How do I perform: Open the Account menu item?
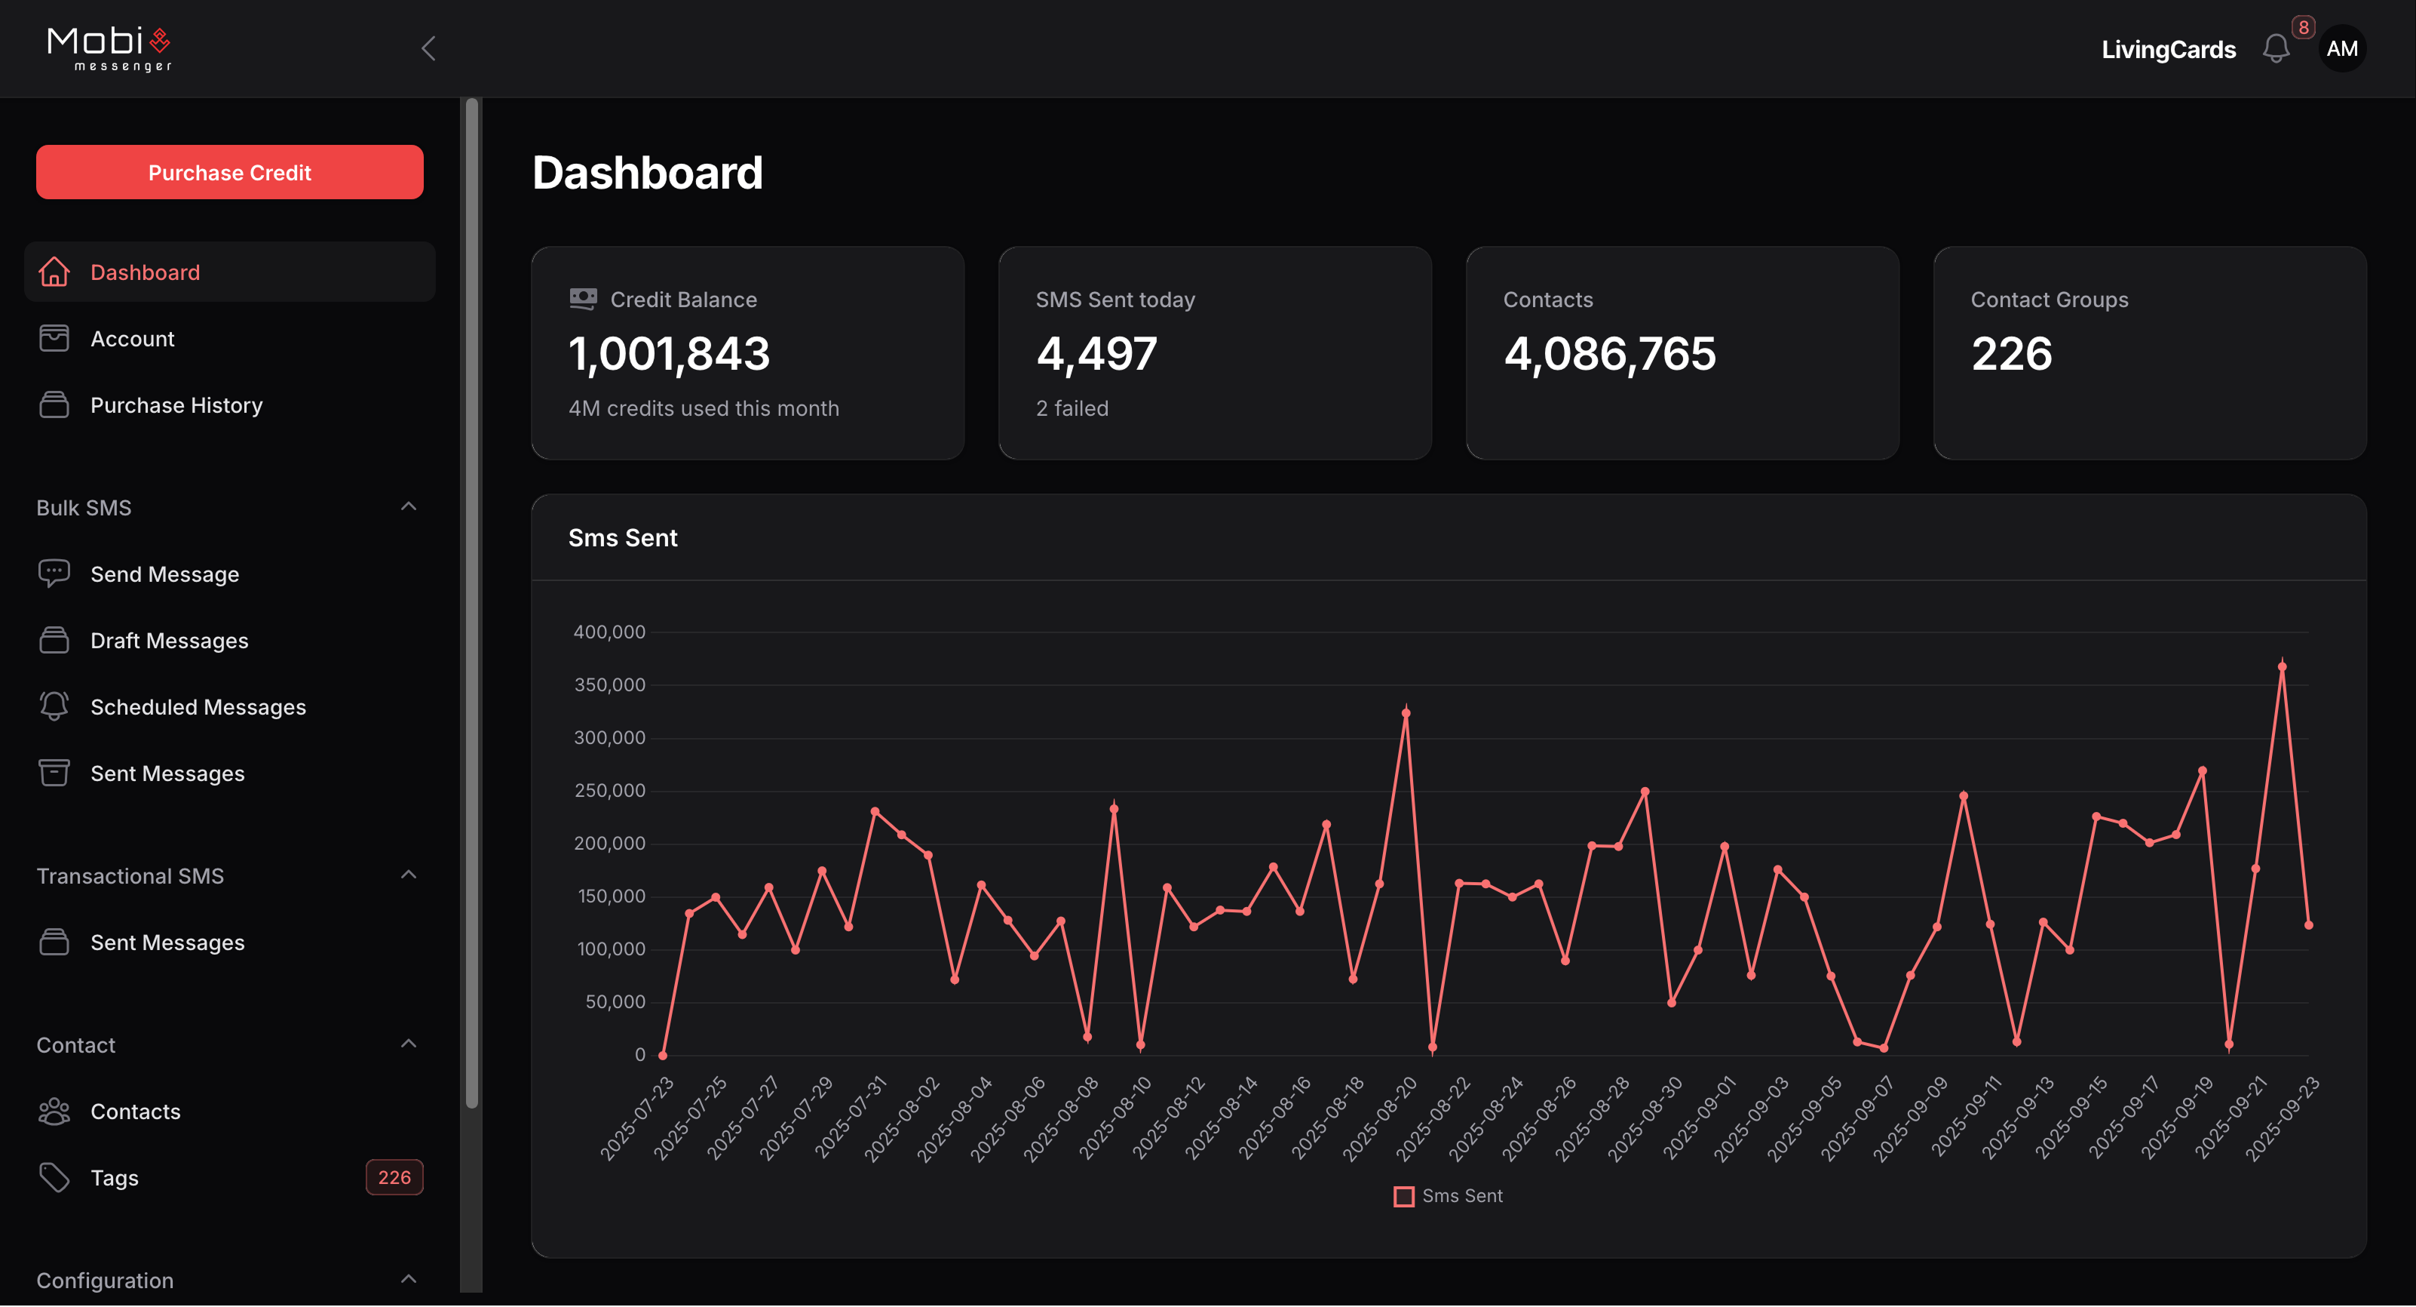click(132, 339)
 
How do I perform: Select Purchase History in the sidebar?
click(176, 405)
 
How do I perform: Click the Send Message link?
click(164, 574)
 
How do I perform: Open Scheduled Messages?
click(197, 707)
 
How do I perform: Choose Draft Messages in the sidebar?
click(169, 641)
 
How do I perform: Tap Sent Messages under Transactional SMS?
click(167, 943)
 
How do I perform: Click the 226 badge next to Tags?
click(394, 1177)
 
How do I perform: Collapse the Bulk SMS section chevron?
click(408, 506)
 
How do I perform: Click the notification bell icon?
click(2275, 49)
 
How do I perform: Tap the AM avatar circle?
click(2342, 49)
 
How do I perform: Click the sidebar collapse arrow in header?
click(428, 49)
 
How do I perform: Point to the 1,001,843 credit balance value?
click(669, 354)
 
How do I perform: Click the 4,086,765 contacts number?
click(1609, 354)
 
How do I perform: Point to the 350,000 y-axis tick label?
click(609, 685)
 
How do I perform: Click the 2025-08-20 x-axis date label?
click(1380, 1118)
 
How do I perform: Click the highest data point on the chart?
click(2282, 667)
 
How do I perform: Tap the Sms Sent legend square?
click(1403, 1196)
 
